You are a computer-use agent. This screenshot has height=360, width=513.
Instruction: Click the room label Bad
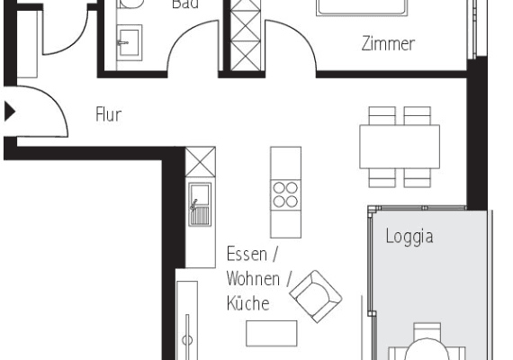185,4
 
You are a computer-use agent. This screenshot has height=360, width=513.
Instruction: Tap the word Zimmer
388,43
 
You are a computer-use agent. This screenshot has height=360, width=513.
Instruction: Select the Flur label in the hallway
108,114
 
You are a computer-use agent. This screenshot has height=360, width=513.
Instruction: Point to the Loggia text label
409,237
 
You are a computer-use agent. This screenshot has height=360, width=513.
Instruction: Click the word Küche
247,303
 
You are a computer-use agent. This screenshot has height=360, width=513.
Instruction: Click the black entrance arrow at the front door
10,112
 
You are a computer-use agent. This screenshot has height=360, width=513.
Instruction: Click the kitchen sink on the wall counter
199,203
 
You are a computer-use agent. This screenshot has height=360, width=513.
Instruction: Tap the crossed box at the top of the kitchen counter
200,163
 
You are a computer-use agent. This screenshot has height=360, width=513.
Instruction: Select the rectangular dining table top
400,147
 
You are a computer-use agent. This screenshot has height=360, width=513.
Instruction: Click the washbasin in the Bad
129,40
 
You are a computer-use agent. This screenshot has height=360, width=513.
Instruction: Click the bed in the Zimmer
364,7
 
